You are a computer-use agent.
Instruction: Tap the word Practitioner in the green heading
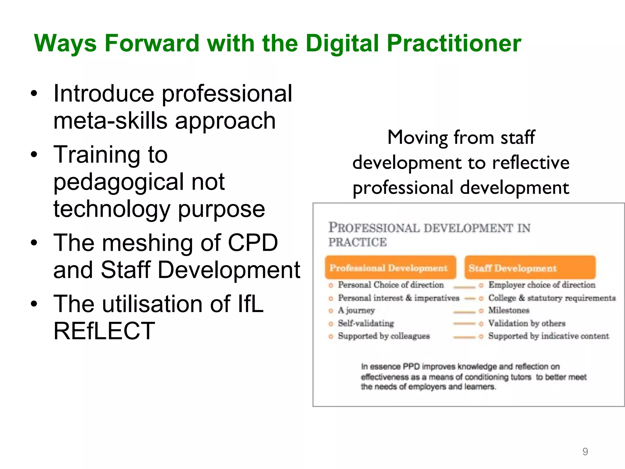pyautogui.click(x=454, y=43)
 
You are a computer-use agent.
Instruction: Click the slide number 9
pyautogui.click(x=585, y=451)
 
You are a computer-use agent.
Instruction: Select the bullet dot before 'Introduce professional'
pyautogui.click(x=34, y=93)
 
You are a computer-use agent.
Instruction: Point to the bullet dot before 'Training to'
pyautogui.click(x=34, y=155)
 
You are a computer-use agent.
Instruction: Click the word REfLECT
pyautogui.click(x=104, y=331)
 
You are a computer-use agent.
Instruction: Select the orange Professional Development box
pyautogui.click(x=390, y=268)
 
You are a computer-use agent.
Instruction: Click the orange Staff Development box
pyautogui.click(x=530, y=268)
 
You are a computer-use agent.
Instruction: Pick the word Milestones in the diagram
pyautogui.click(x=509, y=310)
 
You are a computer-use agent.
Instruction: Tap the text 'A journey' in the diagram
pyautogui.click(x=356, y=310)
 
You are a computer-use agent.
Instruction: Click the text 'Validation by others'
pyautogui.click(x=527, y=323)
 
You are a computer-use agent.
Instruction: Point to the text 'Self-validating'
pyautogui.click(x=366, y=323)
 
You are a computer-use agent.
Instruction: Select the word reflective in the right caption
pyautogui.click(x=531, y=162)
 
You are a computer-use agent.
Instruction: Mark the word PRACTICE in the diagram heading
pyautogui.click(x=357, y=242)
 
